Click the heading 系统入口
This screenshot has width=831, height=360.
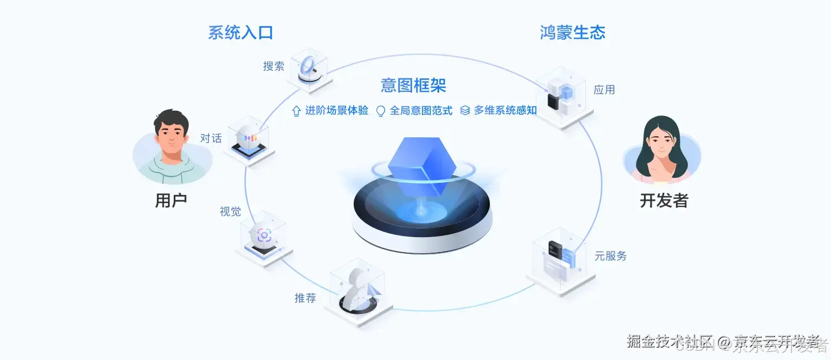click(x=240, y=33)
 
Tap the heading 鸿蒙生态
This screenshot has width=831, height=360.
click(x=572, y=33)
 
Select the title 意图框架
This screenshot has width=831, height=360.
click(x=413, y=85)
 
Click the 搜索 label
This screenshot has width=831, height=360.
click(x=274, y=66)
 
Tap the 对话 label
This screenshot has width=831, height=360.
click(x=211, y=138)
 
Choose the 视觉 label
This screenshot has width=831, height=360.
click(x=230, y=212)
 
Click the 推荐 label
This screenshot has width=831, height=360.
click(x=305, y=298)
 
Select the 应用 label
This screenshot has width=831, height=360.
click(x=604, y=90)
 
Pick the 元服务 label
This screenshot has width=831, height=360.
click(x=611, y=256)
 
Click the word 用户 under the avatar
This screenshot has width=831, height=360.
click(x=171, y=201)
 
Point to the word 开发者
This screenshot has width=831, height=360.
click(x=664, y=201)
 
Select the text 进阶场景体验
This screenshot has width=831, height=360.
click(x=336, y=111)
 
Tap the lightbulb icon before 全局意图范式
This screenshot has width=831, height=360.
click(x=381, y=111)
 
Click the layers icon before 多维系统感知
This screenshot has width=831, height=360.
click(x=465, y=111)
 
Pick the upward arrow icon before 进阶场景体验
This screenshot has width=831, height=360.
click(x=297, y=111)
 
